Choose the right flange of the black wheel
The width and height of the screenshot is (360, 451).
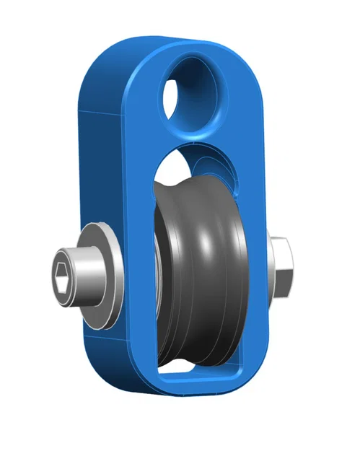coord(234,274)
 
